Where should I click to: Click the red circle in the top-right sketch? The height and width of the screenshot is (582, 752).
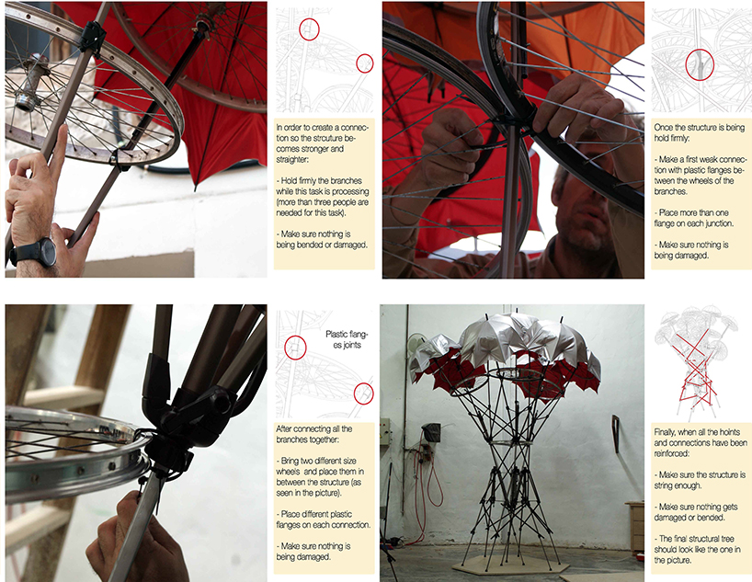700,64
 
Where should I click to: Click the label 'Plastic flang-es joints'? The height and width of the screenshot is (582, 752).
347,339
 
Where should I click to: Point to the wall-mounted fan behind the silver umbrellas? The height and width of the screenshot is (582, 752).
416,347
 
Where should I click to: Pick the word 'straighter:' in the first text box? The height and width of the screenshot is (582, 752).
292,159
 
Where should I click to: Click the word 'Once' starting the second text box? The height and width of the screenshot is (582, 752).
664,127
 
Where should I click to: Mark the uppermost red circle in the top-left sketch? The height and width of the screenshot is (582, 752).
309,29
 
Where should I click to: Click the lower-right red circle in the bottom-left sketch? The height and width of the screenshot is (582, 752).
363,394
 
